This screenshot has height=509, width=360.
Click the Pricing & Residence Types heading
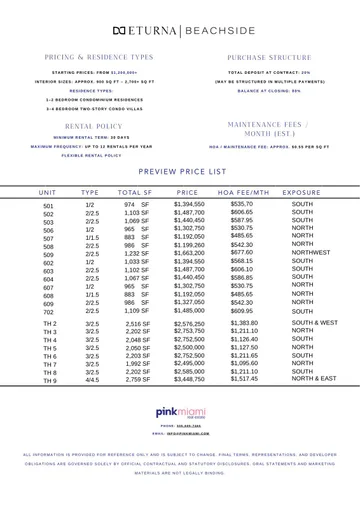99,58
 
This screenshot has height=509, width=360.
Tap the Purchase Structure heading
261,58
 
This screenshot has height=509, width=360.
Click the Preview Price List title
180,172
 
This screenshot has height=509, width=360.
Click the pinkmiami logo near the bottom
180,412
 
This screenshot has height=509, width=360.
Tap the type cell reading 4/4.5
92,380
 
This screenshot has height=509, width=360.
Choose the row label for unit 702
48,312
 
